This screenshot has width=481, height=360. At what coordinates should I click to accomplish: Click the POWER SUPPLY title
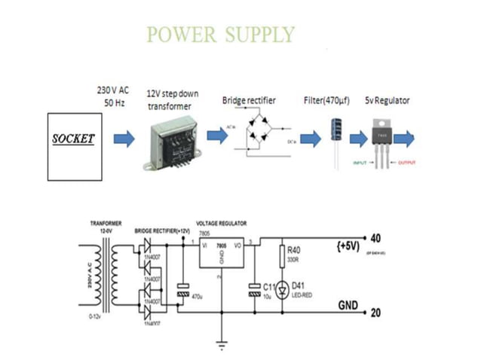tap(220, 35)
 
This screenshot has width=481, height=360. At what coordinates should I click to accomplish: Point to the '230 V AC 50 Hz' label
tap(112, 94)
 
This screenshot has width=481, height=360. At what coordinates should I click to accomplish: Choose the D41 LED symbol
tap(283, 289)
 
